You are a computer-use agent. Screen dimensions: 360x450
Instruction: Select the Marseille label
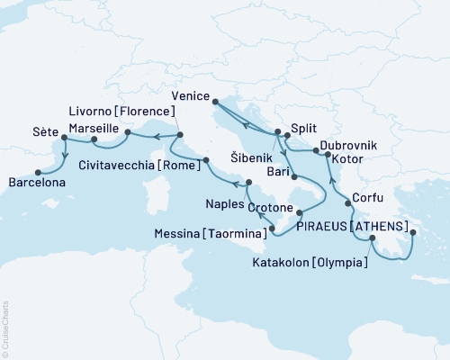click(x=94, y=129)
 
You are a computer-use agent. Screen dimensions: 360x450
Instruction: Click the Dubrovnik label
click(x=346, y=145)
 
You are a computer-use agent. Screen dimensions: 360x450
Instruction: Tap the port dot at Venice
click(x=214, y=106)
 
